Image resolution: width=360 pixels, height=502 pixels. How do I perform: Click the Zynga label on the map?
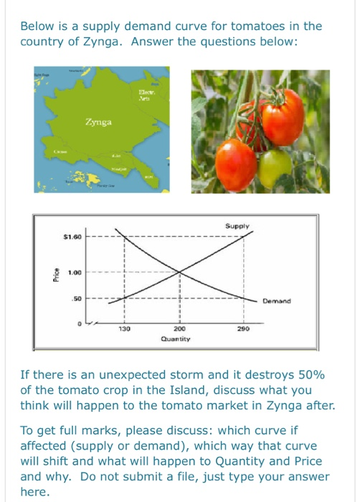[98, 123]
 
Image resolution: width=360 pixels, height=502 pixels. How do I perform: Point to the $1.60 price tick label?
[73, 237]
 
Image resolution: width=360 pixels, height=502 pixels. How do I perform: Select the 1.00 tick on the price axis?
[75, 273]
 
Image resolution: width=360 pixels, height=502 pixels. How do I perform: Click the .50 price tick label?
[78, 297]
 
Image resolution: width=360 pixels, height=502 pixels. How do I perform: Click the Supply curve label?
[237, 227]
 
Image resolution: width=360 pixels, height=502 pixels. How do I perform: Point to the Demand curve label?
[277, 301]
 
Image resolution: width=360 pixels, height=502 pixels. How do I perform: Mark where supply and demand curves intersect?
[179, 271]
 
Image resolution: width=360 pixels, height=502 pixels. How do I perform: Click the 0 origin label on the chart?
[80, 323]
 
